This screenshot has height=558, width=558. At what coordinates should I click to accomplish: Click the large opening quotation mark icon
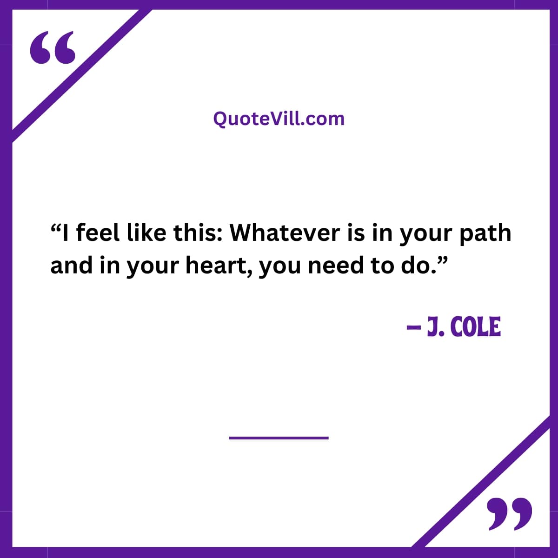coord(53,47)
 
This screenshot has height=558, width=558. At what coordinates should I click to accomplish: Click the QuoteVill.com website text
coord(279,119)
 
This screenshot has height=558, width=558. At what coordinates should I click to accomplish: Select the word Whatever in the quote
coord(285,233)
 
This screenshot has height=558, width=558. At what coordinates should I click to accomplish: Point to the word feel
coord(98,233)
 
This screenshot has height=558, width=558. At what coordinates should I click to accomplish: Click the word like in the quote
coord(147,233)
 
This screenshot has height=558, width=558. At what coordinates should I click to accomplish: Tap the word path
coord(485,234)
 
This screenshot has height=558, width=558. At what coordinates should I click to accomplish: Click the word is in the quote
coord(356,233)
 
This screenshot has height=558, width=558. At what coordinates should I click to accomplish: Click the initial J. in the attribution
coord(436,326)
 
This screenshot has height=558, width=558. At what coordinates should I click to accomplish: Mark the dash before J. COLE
coord(413,327)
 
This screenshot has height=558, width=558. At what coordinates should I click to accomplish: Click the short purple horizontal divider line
coord(279,438)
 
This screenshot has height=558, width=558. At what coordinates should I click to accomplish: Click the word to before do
coord(382,266)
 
